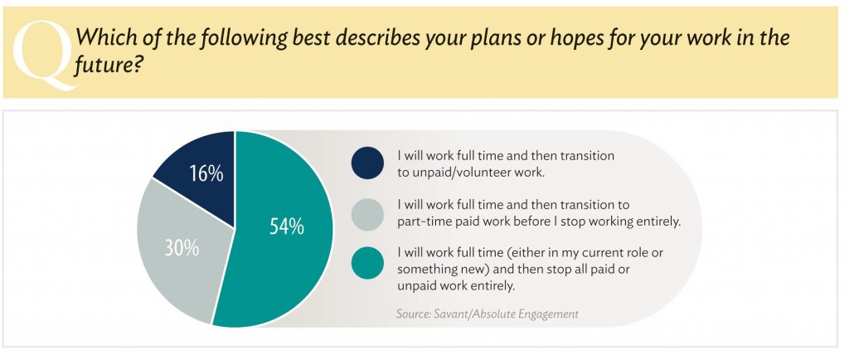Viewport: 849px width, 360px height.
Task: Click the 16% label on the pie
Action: point(206,173)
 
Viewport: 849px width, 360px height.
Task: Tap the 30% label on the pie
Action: point(182,248)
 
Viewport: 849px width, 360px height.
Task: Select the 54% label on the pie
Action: point(286,226)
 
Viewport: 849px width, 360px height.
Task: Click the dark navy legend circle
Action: point(367,163)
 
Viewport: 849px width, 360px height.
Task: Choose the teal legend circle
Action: point(367,263)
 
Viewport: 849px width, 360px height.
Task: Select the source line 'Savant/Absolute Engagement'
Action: point(507,314)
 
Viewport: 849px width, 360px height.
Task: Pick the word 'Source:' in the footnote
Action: point(414,314)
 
